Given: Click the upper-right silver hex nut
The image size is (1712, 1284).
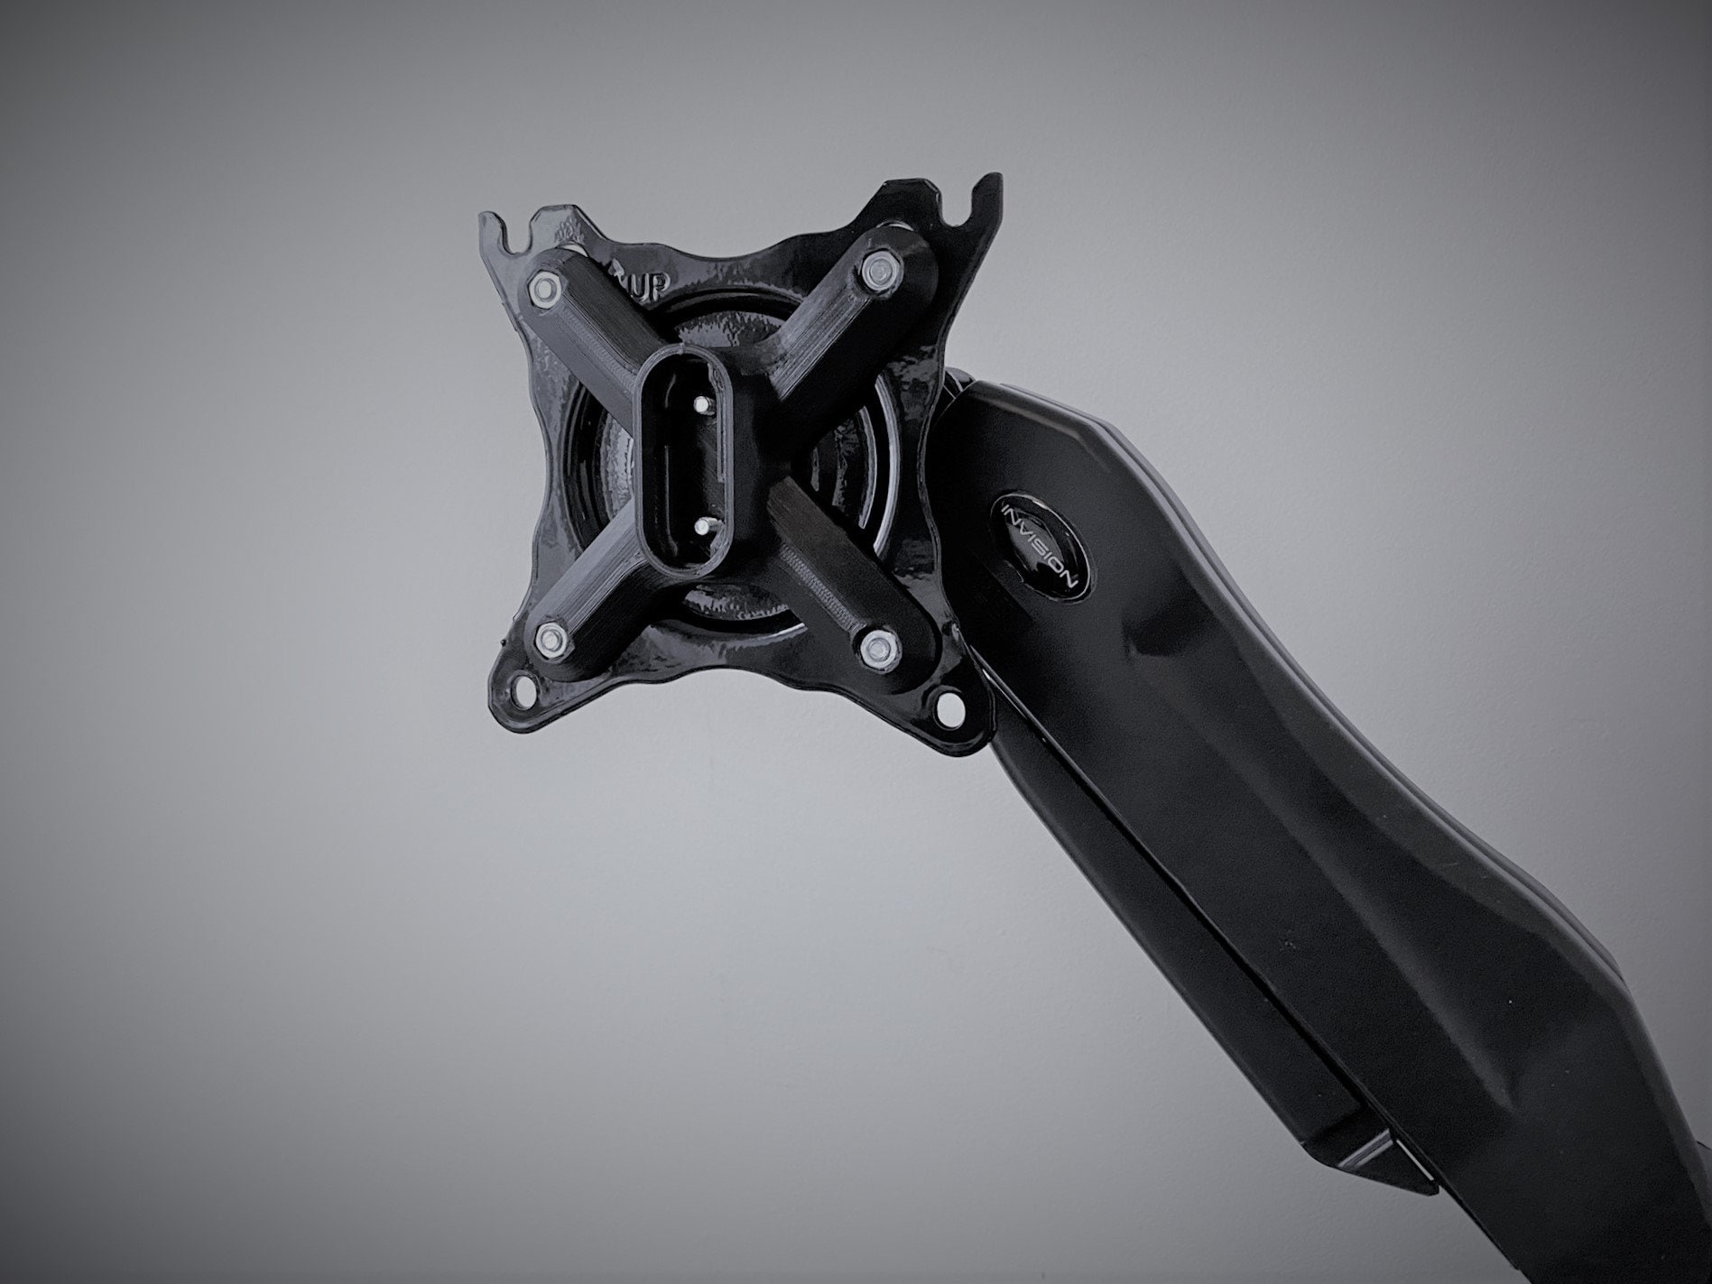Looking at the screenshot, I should coord(873,268).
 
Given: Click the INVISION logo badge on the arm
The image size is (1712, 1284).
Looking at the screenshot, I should coord(1042,543).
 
